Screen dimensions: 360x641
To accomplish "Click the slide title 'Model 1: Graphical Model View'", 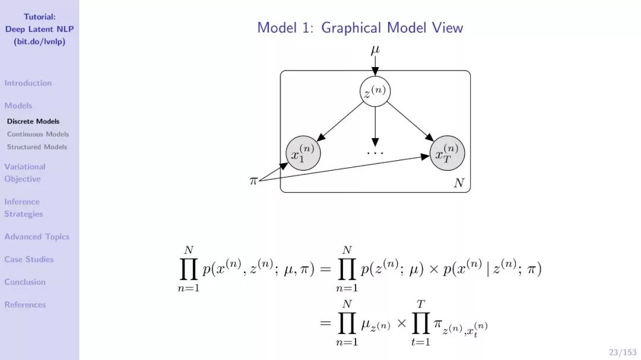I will coord(360,28).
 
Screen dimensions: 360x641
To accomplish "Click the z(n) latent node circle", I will coord(375,92).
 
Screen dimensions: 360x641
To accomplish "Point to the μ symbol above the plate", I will coord(375,50).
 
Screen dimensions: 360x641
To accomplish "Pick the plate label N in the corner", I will coord(459,183).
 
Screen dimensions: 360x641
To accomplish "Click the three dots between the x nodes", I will coord(375,152).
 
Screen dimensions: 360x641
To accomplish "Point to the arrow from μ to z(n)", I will coord(375,67).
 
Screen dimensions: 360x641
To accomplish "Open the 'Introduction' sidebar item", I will coord(28,83).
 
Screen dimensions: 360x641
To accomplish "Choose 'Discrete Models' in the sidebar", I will coord(33,122).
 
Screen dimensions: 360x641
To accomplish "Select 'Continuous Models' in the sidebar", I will coord(38,134).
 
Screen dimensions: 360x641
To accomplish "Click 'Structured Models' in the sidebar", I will coord(37,147).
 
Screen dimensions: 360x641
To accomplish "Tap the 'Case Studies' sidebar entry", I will coord(29,259).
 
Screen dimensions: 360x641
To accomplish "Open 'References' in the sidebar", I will coord(25,305).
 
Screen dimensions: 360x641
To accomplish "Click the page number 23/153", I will coord(623,352).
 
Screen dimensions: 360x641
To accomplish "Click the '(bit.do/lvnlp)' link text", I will coord(39,42).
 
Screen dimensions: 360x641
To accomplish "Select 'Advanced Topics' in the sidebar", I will coord(37,237).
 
